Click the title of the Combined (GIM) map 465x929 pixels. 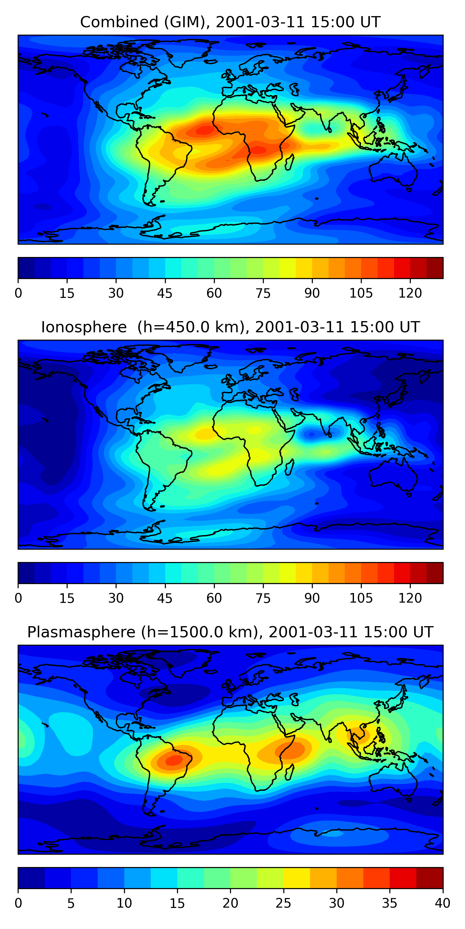230,22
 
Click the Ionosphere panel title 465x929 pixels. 230,327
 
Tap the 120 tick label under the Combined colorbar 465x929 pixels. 410,293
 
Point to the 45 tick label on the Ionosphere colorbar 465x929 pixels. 165,598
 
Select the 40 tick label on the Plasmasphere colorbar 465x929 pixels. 442,903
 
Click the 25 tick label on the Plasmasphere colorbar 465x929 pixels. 283,903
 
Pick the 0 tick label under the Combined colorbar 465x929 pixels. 18,293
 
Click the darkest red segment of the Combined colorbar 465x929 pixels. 435,268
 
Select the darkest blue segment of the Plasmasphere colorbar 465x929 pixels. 31,878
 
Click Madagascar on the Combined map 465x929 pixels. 289,162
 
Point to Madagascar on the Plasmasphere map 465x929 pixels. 289,773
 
